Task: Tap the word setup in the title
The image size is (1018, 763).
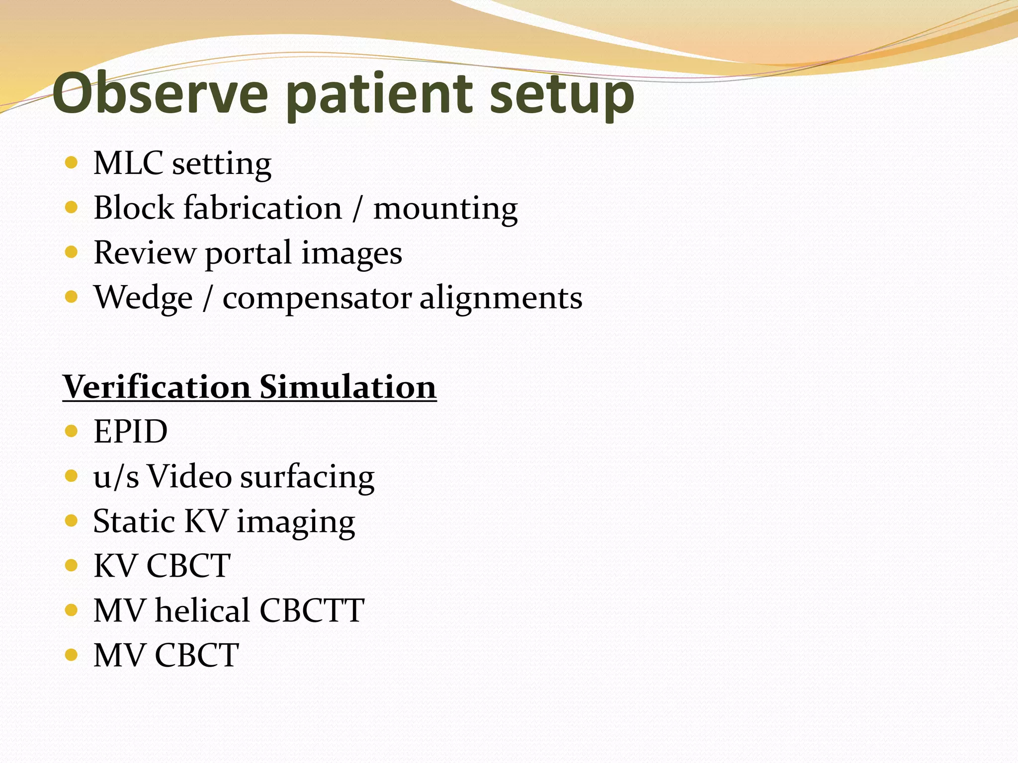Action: click(562, 94)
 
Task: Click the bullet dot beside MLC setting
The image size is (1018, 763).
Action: click(72, 162)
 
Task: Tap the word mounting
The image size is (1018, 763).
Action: click(445, 209)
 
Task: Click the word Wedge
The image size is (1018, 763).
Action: click(143, 298)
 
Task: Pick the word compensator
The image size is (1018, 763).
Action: click(317, 299)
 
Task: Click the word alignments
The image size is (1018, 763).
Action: click(501, 298)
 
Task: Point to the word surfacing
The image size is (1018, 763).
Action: click(307, 477)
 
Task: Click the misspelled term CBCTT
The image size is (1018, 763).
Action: click(312, 610)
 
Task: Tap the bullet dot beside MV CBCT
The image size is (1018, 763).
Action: click(72, 655)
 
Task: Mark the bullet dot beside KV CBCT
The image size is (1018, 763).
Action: click(72, 565)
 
